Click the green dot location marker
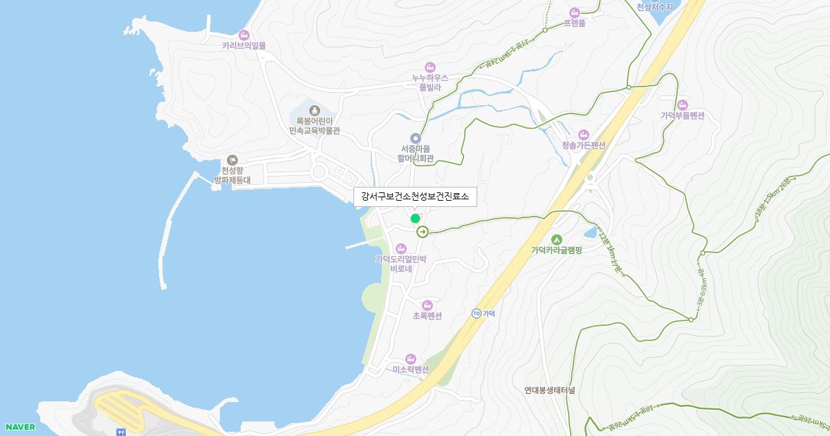point(415,218)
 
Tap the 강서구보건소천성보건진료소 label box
point(415,197)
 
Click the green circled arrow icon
point(422,233)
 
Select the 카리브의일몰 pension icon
point(243,35)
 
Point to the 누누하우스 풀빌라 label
point(430,82)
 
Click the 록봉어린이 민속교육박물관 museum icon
point(314,110)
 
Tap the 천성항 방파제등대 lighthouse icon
point(232,160)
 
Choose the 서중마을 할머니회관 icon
point(415,138)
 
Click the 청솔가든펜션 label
point(583,145)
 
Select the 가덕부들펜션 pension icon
point(682,105)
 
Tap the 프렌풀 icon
point(574,12)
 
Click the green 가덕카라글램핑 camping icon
point(556,239)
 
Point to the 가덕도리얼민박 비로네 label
point(401,264)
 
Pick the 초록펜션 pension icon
point(427,305)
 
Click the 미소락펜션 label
point(411,370)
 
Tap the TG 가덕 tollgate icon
point(476,314)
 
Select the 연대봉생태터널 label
point(549,390)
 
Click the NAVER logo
point(19,427)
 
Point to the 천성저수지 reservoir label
point(654,7)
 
